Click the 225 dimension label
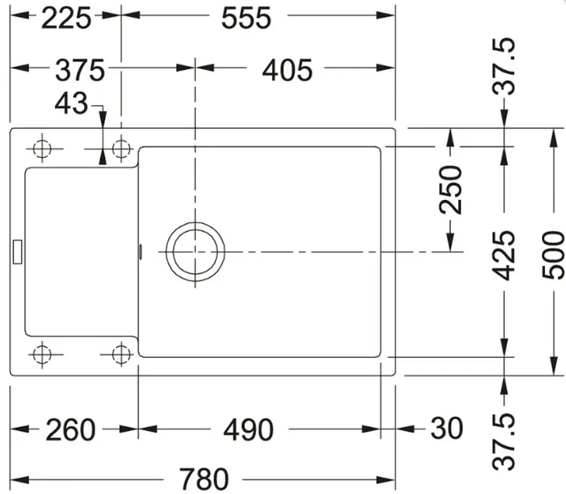[x=66, y=19]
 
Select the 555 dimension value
[x=246, y=19]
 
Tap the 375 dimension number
[x=80, y=70]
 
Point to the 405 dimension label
[x=288, y=70]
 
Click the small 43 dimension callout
[x=71, y=103]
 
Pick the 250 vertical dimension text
[x=450, y=190]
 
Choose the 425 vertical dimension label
[x=504, y=255]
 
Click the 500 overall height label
[x=553, y=255]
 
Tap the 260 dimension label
[x=71, y=429]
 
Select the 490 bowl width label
[x=248, y=429]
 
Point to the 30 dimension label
[x=446, y=429]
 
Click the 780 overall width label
[x=204, y=479]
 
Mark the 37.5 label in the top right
[x=504, y=66]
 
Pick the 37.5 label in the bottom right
[x=504, y=442]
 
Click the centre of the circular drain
[x=195, y=252]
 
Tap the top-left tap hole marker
[x=42, y=149]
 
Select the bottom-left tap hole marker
[x=42, y=354]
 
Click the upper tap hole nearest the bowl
[x=121, y=149]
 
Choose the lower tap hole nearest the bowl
[x=121, y=354]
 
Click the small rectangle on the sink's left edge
[x=17, y=252]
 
